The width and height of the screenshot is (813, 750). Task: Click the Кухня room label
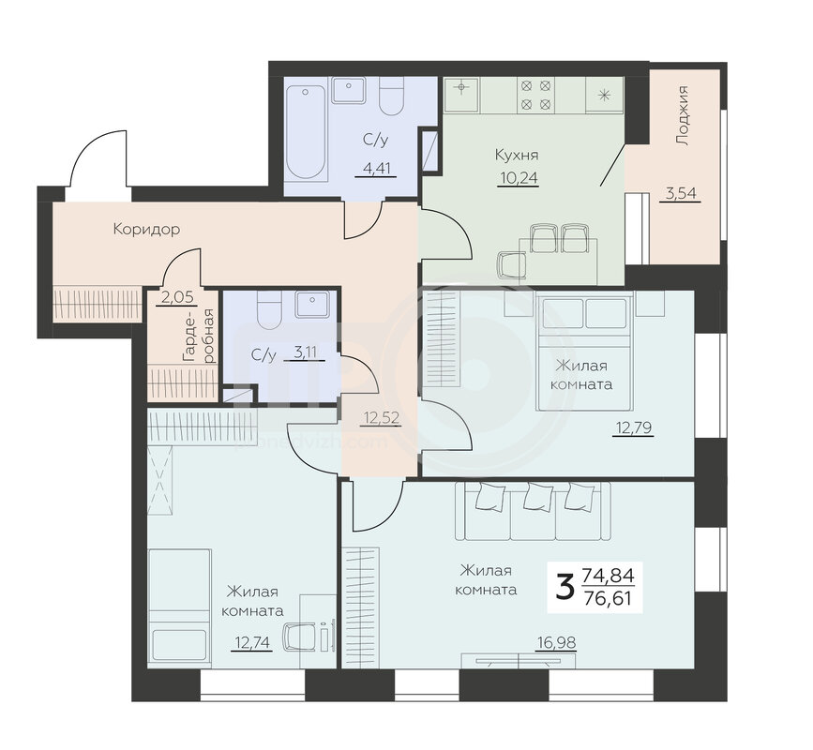click(x=517, y=155)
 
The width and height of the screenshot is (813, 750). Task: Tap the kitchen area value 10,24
click(x=519, y=178)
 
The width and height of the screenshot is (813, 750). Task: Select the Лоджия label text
click(x=684, y=115)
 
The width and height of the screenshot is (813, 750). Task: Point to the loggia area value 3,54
click(x=680, y=194)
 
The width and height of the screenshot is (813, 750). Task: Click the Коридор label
click(x=146, y=229)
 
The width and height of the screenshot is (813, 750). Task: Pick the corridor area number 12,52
click(x=381, y=417)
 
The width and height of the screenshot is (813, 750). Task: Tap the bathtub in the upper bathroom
click(x=306, y=133)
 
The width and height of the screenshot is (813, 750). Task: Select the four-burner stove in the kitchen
click(x=535, y=95)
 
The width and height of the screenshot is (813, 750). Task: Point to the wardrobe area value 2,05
click(x=177, y=297)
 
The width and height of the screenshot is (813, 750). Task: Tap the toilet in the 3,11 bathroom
click(x=269, y=310)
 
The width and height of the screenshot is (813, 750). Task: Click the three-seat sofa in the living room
click(x=533, y=512)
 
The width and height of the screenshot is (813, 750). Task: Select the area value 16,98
click(x=556, y=643)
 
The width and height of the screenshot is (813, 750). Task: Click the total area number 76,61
click(x=607, y=599)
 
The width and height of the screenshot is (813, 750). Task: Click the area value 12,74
click(x=252, y=643)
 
